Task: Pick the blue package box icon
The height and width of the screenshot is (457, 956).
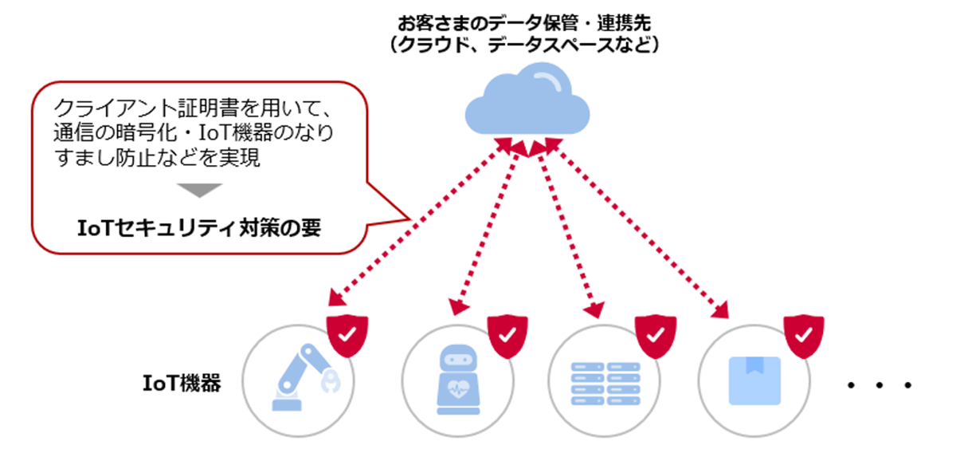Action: [754, 380]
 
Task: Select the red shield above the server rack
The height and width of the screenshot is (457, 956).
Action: [653, 335]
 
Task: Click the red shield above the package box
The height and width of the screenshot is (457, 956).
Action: [803, 335]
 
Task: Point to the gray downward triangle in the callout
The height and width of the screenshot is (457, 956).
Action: [198, 191]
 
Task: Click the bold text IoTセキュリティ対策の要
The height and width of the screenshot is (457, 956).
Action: [198, 227]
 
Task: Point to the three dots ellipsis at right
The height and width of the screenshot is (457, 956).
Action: [879, 386]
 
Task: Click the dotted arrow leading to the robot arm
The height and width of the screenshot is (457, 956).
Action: [414, 223]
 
